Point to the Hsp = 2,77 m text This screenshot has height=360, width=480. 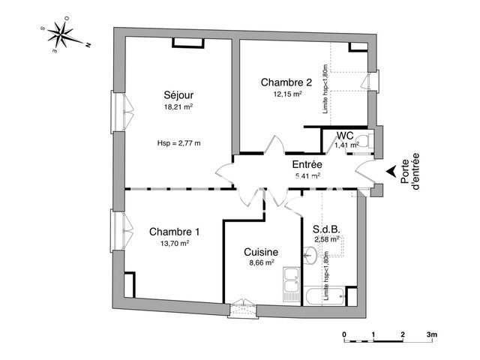pyautogui.click(x=178, y=142)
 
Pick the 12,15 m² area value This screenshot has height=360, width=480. pyautogui.click(x=288, y=94)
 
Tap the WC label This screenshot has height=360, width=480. pyautogui.click(x=346, y=136)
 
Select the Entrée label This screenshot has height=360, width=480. pyautogui.click(x=307, y=164)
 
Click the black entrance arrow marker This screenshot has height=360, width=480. pyautogui.click(x=390, y=173)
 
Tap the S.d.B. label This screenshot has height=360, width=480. pyautogui.click(x=326, y=229)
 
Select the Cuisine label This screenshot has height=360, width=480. pyautogui.click(x=261, y=253)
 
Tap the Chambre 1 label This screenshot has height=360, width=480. pyautogui.click(x=174, y=232)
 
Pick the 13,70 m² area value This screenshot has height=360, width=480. pyautogui.click(x=174, y=243)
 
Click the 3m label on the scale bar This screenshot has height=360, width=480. pyautogui.click(x=431, y=334)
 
